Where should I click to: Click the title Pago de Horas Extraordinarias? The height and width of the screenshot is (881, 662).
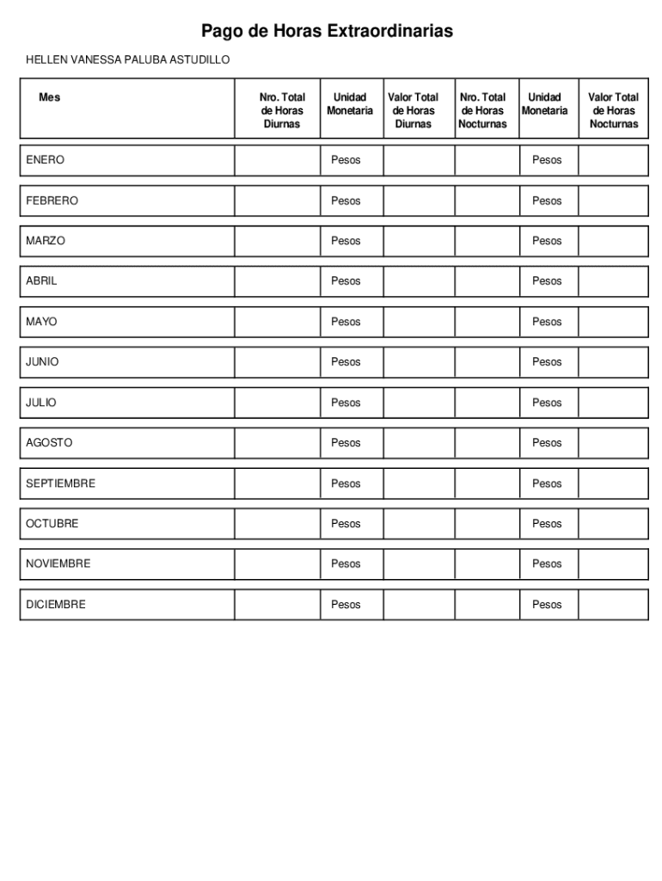click(327, 32)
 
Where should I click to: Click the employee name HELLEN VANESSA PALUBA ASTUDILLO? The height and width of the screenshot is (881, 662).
click(127, 60)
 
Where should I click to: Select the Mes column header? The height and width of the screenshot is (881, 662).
click(50, 97)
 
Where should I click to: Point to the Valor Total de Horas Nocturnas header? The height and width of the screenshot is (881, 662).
click(613, 110)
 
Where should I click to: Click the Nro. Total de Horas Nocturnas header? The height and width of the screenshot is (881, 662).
click(482, 110)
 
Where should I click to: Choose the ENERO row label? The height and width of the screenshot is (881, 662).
click(45, 160)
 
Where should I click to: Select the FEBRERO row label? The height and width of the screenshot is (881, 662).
click(52, 200)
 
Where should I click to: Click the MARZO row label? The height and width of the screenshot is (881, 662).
click(45, 241)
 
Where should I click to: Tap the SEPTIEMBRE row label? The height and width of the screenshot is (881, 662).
click(60, 484)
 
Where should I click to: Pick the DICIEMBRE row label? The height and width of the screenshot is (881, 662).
click(56, 605)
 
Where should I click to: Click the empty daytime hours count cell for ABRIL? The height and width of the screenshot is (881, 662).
click(277, 281)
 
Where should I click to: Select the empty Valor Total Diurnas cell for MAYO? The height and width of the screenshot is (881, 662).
click(419, 322)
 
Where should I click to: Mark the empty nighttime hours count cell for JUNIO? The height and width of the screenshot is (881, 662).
click(487, 362)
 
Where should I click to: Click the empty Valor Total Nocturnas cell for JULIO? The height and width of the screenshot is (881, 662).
click(613, 403)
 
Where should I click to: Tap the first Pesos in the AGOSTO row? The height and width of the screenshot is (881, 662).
click(346, 443)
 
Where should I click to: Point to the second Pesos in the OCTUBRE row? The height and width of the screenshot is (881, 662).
click(547, 524)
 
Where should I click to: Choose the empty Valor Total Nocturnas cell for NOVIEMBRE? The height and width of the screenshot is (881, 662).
click(613, 564)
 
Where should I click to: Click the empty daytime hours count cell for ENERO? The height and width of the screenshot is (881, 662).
click(277, 160)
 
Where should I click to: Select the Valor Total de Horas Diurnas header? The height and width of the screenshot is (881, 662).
click(413, 110)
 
